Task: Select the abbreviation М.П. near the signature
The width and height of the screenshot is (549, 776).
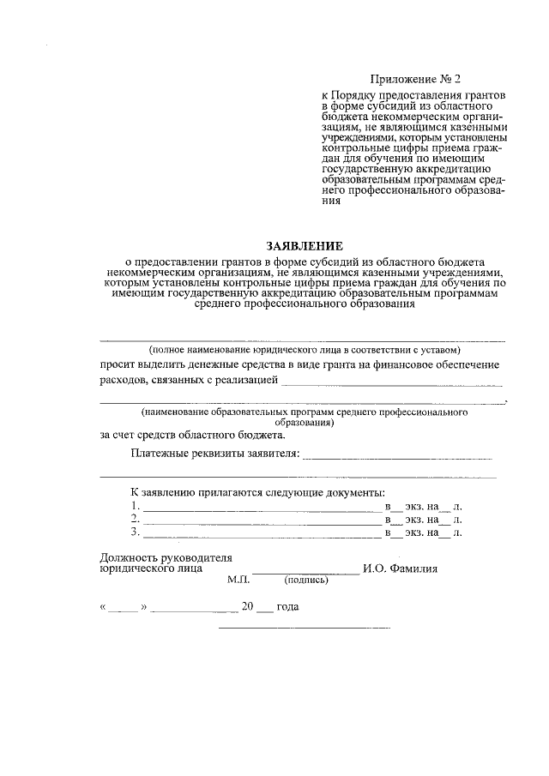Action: (238, 580)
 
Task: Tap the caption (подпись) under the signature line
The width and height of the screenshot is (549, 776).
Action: (306, 580)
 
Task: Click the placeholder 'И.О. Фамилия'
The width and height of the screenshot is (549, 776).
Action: (401, 568)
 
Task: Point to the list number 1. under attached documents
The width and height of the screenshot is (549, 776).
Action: (135, 506)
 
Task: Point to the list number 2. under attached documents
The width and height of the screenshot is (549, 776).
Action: (135, 519)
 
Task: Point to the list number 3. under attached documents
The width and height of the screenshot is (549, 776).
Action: (135, 532)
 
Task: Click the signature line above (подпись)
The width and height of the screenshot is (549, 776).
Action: (305, 572)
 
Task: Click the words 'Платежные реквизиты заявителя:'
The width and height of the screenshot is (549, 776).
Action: (214, 453)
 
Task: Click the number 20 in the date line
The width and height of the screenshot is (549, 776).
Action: (248, 606)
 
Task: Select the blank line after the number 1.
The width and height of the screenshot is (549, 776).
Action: (262, 510)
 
